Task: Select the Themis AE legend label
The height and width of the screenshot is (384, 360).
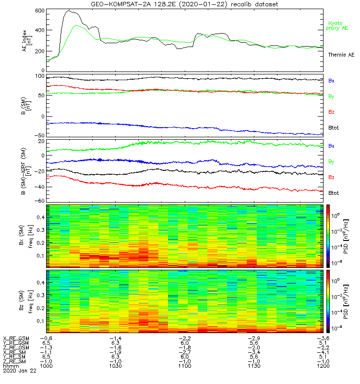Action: (340, 55)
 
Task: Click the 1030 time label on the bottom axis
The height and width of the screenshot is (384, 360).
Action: (116, 366)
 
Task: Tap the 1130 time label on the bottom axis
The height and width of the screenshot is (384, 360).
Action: (254, 366)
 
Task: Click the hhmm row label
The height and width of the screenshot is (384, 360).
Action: (10, 366)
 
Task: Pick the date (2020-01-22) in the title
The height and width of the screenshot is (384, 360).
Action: (205, 4)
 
